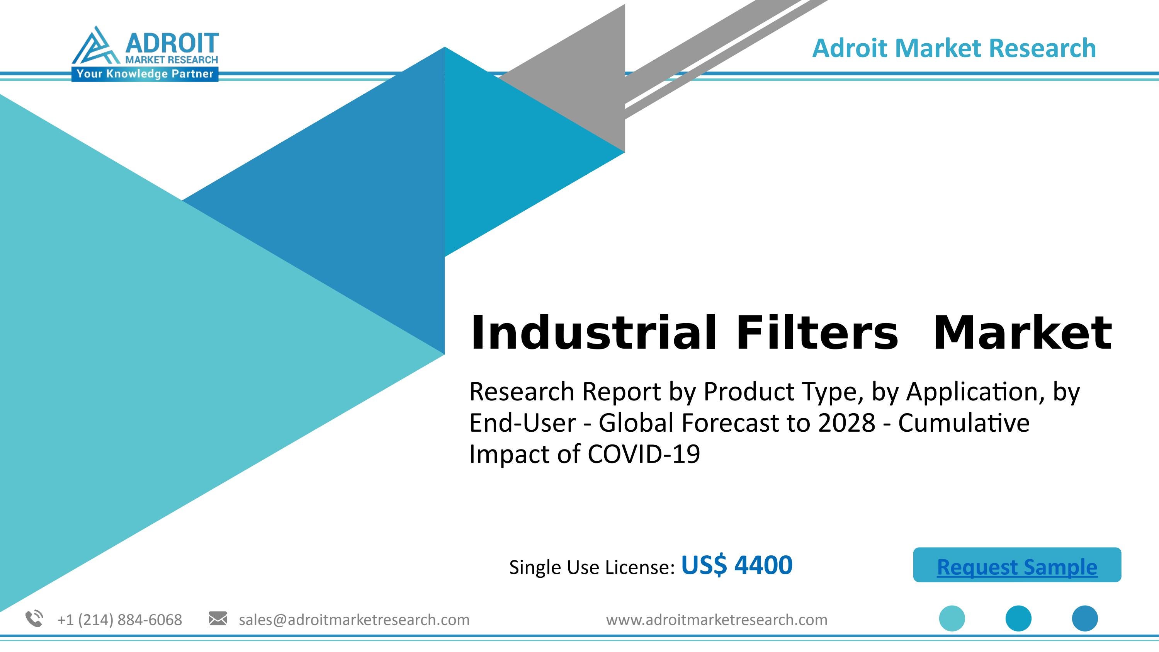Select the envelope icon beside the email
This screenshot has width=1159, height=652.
(x=218, y=619)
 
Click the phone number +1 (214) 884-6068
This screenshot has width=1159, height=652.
(x=120, y=620)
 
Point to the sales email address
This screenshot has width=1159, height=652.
(x=354, y=620)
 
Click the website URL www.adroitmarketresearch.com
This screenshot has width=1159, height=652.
(x=716, y=620)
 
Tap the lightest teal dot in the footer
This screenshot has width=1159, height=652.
(x=952, y=618)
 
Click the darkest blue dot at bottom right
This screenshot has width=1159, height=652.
(x=1085, y=618)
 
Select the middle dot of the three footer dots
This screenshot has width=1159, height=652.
(x=1018, y=618)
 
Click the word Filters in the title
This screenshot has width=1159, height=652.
(x=817, y=334)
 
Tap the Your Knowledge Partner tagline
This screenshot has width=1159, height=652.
(x=144, y=74)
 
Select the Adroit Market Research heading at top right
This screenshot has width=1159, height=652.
(x=954, y=48)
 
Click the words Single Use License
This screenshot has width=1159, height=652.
(x=591, y=567)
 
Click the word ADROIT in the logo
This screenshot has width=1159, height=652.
(x=172, y=44)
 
